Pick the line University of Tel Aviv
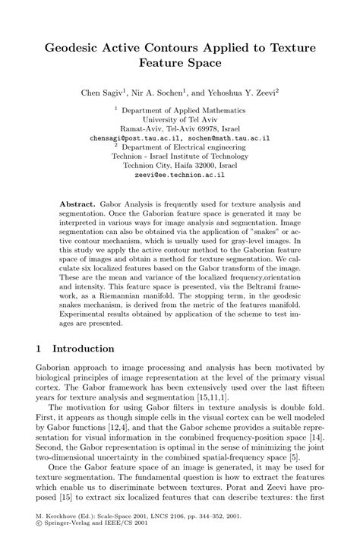click(179, 120)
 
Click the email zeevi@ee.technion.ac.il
click(179, 174)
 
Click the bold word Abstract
click(77, 206)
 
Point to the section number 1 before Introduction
click(39, 349)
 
